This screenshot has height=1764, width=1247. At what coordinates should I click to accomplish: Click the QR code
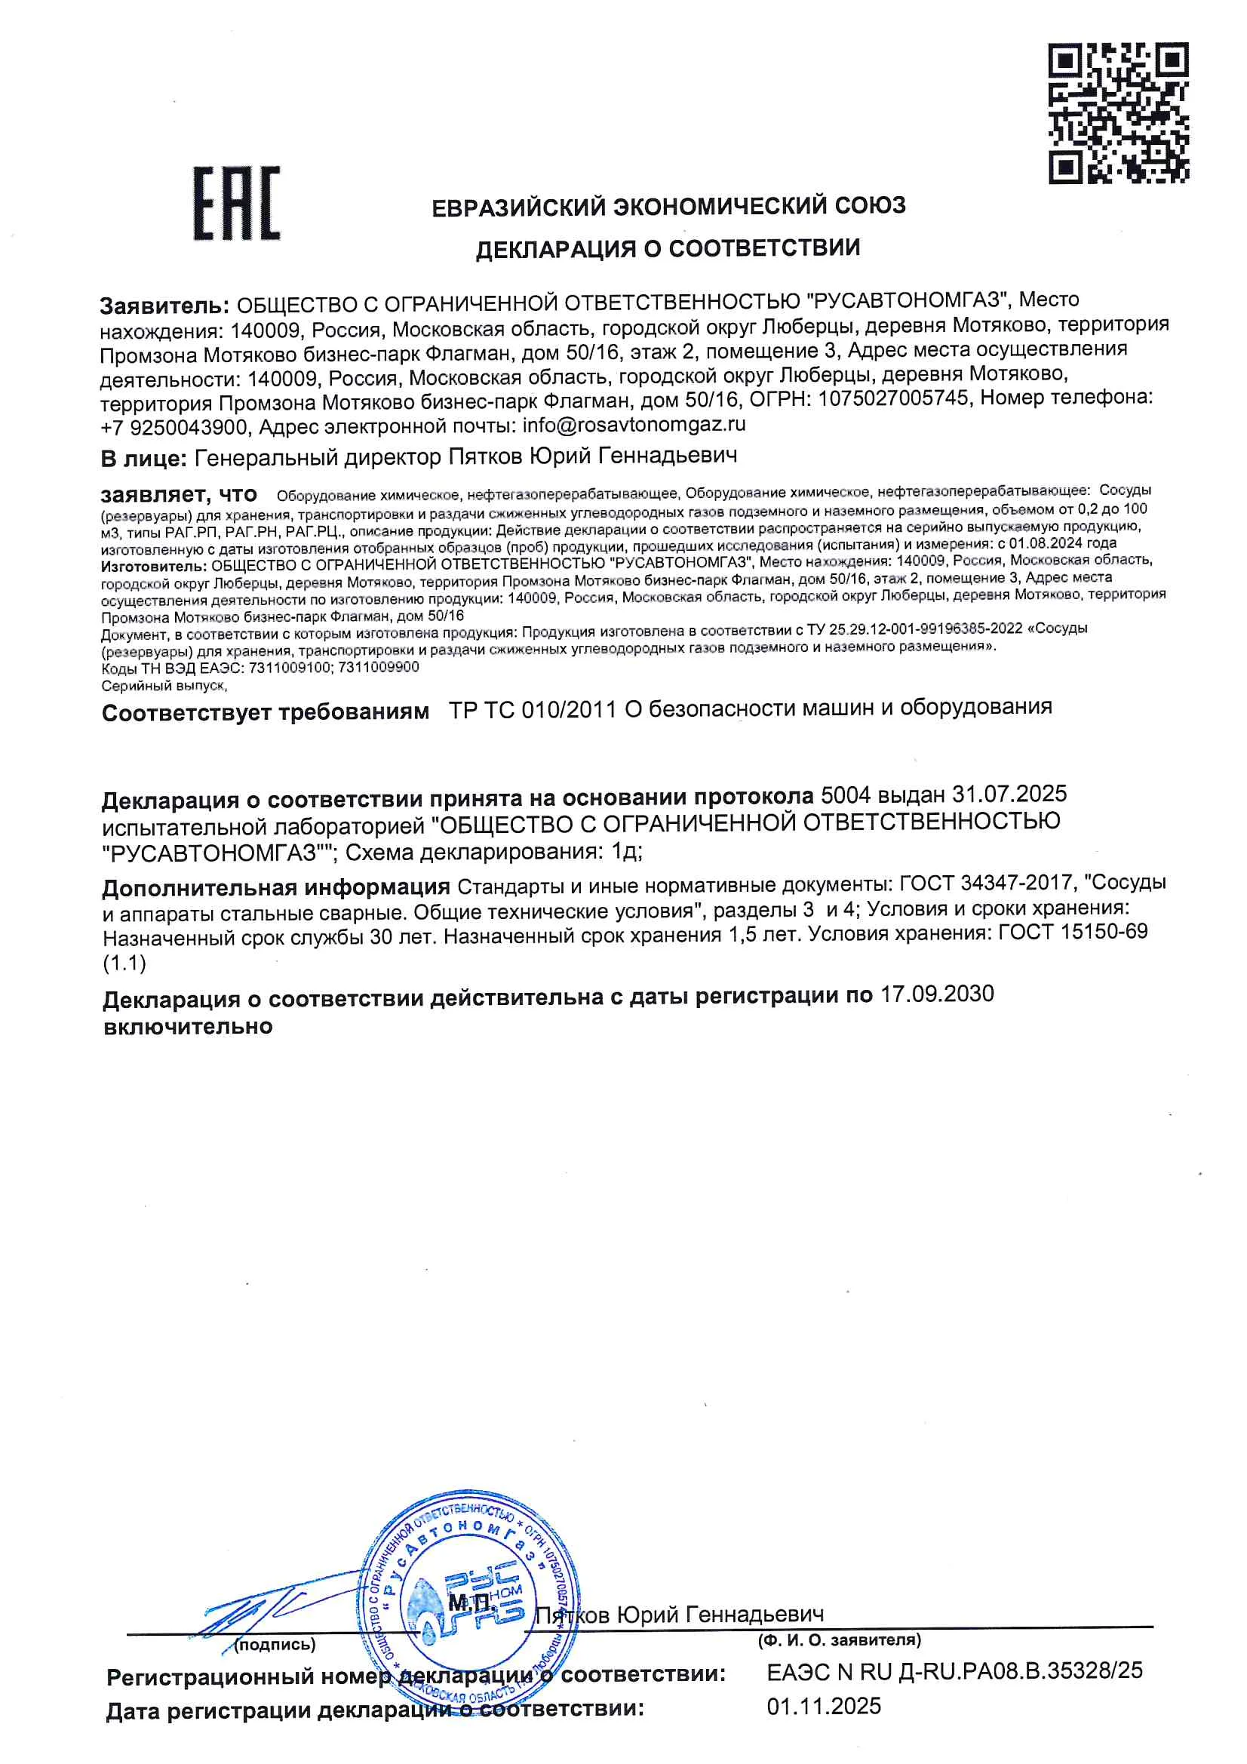click(1118, 113)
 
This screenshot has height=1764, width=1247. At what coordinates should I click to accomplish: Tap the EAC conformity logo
click(236, 203)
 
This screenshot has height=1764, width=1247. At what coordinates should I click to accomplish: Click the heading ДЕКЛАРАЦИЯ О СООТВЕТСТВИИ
click(667, 249)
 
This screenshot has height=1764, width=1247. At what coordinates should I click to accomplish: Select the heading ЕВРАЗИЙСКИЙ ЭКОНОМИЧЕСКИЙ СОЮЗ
click(668, 207)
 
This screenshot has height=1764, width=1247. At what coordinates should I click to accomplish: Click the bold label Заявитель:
click(164, 306)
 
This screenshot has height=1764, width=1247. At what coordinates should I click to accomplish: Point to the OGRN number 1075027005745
click(892, 398)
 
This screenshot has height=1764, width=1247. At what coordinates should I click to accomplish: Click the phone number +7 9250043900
click(174, 426)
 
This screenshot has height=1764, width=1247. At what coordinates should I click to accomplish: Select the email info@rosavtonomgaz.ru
click(634, 424)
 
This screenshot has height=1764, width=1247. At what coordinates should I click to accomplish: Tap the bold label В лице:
click(143, 459)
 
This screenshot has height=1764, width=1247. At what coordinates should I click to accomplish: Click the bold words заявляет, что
click(178, 494)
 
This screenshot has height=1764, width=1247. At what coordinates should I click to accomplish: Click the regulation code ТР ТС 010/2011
click(533, 709)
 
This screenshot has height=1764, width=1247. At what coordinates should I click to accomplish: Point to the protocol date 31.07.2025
click(1009, 794)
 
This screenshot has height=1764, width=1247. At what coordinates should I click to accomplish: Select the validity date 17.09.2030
click(937, 994)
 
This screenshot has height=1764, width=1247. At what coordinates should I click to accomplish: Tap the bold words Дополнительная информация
click(276, 887)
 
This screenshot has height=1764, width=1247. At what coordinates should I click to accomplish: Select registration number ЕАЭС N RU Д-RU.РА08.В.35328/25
click(954, 1670)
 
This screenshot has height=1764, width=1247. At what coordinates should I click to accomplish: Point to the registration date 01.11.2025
click(824, 1707)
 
